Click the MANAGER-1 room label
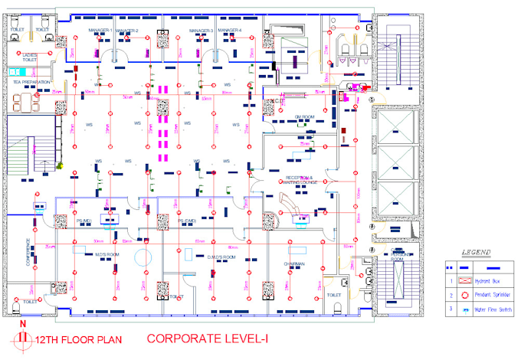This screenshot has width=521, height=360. (x=100, y=31)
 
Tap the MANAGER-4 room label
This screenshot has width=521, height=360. (x=229, y=31)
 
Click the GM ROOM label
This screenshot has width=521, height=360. (x=306, y=117)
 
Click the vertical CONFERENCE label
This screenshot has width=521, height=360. (x=28, y=252)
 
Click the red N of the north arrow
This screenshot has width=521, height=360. (x=23, y=324)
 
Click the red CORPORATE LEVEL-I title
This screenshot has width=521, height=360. (x=202, y=338)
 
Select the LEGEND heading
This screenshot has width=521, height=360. (x=476, y=251)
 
